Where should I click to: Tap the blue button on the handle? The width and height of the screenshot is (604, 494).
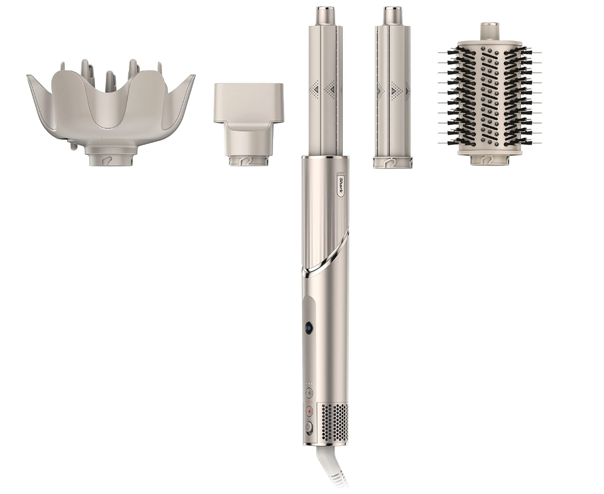309,328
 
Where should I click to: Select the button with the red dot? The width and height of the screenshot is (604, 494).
309,411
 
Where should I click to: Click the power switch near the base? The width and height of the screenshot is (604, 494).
309,428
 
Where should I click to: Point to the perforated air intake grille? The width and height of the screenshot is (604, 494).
334,423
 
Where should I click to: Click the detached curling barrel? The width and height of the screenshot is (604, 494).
393,87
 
